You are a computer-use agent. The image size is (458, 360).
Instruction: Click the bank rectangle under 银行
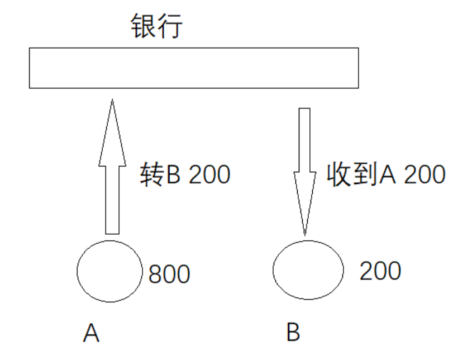click(194, 68)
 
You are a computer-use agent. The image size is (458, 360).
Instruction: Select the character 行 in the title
click(170, 26)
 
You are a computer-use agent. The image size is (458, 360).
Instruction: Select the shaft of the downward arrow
click(304, 140)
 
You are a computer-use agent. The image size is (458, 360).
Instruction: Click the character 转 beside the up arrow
click(151, 175)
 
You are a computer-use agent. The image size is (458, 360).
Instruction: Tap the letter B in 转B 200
click(173, 176)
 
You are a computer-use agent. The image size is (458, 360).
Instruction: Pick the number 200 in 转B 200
click(209, 176)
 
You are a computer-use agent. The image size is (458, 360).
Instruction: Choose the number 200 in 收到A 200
click(424, 176)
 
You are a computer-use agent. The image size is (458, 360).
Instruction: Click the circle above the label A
click(109, 271)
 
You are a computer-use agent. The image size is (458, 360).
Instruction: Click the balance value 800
click(169, 274)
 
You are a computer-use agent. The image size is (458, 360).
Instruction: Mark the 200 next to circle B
click(380, 271)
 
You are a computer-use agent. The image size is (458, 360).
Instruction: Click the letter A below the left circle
click(92, 333)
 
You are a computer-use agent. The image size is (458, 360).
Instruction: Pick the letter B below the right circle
click(294, 333)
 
